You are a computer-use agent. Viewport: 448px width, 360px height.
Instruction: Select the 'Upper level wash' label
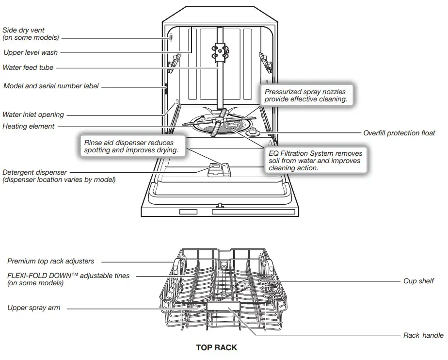tap(31, 52)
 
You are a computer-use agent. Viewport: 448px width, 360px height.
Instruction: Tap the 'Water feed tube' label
tap(28, 67)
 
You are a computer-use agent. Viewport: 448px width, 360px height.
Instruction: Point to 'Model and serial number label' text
tap(51, 86)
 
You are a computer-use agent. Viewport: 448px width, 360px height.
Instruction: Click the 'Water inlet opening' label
tap(33, 115)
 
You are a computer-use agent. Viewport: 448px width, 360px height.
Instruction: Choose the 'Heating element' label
tap(29, 126)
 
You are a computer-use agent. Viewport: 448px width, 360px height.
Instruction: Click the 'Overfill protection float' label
tap(399, 133)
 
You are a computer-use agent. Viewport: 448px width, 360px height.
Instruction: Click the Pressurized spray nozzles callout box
tap(305, 95)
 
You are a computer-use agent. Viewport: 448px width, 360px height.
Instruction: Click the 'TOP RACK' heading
tap(216, 347)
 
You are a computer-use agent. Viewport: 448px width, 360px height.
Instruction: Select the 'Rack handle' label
tap(423, 335)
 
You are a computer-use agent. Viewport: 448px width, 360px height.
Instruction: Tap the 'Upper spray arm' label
tap(34, 308)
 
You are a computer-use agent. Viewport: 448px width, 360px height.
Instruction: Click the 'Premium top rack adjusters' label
tap(51, 261)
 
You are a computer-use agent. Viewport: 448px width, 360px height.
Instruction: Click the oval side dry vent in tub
tap(171, 38)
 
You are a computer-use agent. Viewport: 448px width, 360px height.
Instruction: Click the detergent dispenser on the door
tap(216, 170)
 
